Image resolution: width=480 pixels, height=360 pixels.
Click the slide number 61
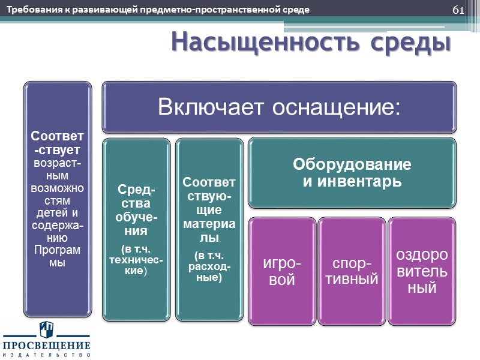tap(458, 10)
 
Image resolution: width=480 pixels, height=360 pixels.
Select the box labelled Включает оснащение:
tap(279, 107)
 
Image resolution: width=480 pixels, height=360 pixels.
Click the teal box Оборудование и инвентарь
tap(352, 172)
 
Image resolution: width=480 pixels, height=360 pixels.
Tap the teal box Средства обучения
tap(135, 229)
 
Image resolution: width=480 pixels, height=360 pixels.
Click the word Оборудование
tap(352, 164)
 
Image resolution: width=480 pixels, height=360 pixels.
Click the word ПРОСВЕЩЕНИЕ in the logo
tap(47, 346)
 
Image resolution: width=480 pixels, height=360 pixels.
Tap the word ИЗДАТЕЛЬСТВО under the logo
tap(47, 355)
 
